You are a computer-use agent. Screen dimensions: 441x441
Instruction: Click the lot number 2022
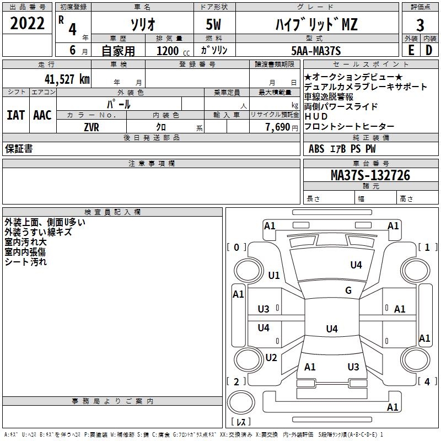click(27, 23)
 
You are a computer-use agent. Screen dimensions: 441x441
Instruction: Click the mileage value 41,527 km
click(67, 79)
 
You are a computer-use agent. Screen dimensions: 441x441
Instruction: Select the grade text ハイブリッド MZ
click(316, 24)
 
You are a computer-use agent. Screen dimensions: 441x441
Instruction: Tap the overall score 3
click(420, 25)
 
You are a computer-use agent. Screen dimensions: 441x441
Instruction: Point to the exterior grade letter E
click(411, 50)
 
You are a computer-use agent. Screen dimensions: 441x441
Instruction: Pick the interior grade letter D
click(429, 50)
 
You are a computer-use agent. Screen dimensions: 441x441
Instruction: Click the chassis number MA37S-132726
click(370, 175)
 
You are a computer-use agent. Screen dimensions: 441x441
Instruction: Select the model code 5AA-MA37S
click(316, 51)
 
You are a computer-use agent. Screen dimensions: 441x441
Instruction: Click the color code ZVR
click(92, 127)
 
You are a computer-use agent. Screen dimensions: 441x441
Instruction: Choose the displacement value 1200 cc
click(173, 51)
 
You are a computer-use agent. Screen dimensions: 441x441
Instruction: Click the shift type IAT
click(16, 115)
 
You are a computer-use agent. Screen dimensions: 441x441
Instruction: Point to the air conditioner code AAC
click(42, 115)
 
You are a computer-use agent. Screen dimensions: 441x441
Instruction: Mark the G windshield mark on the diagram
click(348, 290)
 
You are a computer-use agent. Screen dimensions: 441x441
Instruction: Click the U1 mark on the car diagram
click(274, 275)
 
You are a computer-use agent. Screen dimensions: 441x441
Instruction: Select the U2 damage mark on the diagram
click(271, 357)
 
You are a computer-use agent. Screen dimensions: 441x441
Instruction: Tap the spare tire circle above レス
click(241, 402)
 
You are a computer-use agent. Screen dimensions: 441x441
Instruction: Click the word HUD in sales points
click(316, 116)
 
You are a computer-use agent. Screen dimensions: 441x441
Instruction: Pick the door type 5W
click(213, 24)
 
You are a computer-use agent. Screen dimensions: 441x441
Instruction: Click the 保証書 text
click(19, 148)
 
